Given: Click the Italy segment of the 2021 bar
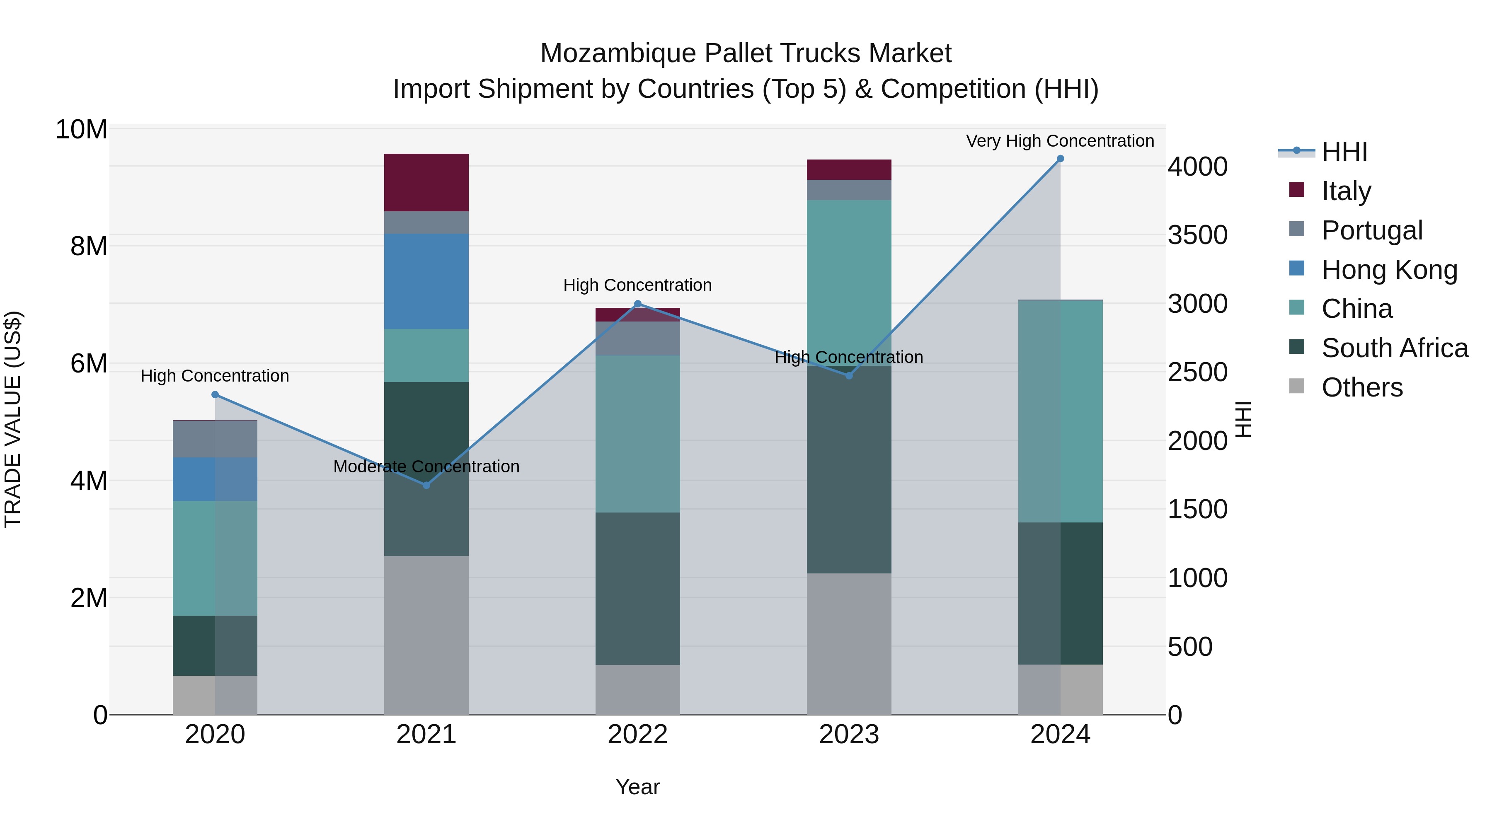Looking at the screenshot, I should coord(426,182).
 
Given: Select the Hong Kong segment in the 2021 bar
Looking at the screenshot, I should coord(426,281).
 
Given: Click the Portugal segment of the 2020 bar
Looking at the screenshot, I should coord(215,439).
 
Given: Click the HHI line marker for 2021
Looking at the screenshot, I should coord(426,485).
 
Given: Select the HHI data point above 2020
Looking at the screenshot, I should coord(215,394).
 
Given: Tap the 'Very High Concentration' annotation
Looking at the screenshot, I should coord(1059,141).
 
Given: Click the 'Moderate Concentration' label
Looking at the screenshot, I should coord(426,466).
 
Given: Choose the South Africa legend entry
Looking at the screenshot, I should coord(1394,348).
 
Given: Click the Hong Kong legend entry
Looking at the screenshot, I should coord(1389,270).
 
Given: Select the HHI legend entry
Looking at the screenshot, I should coord(1344,152).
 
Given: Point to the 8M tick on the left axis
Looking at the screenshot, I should coord(88,247).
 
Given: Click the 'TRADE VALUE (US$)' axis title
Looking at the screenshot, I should coord(13,419).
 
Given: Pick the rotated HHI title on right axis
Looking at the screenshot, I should coord(1243,419).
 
